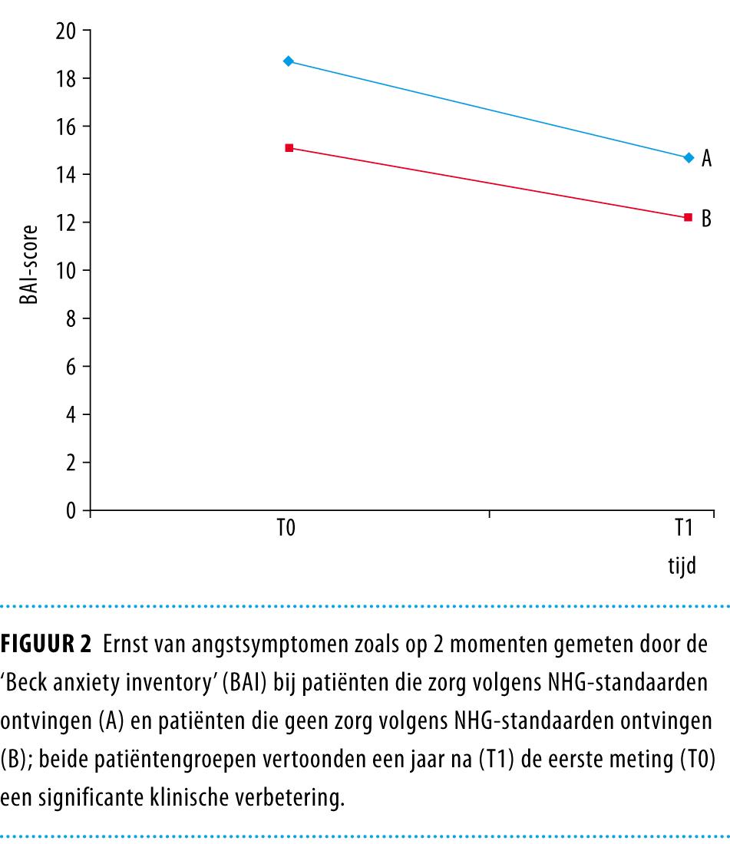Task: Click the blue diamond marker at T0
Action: point(289,61)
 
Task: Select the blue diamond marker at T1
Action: point(689,157)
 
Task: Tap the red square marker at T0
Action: point(289,147)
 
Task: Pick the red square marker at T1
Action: point(688,217)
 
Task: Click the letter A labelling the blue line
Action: point(707,159)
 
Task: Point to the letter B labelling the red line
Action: point(707,218)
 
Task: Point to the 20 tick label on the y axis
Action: point(68,31)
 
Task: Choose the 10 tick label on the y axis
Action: point(68,271)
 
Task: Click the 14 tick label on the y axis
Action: point(68,175)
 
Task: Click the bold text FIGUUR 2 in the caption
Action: point(46,643)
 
